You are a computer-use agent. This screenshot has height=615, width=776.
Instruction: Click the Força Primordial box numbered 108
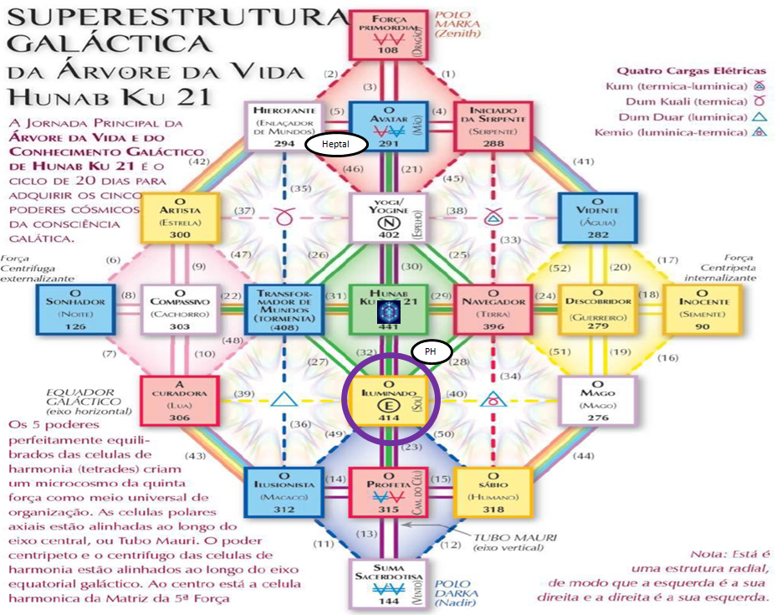[386, 35]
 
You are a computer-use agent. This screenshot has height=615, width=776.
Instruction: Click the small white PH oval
[431, 352]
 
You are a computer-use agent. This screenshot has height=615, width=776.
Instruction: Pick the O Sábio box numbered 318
[492, 492]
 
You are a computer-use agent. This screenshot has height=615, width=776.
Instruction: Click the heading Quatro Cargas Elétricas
[679, 71]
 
